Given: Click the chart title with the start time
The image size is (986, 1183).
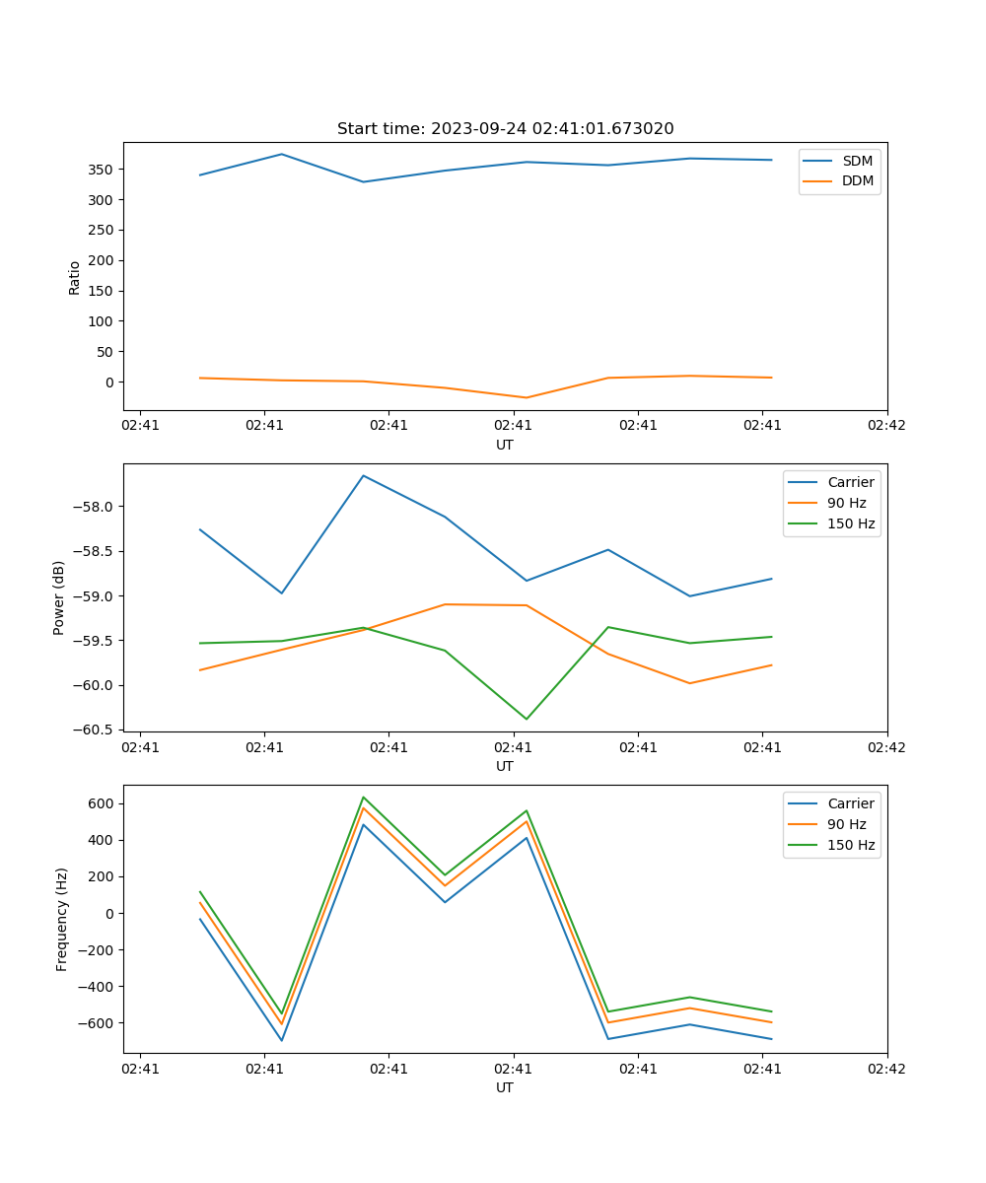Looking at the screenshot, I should click(x=505, y=128).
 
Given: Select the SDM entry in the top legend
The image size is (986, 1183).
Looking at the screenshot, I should click(x=856, y=161).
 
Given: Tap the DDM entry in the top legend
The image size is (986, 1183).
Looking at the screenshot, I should click(x=857, y=180).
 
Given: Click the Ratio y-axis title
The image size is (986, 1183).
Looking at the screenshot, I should click(x=75, y=277).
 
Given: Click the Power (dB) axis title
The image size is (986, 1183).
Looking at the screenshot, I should click(x=59, y=597).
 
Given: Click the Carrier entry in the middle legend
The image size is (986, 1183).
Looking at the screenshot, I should click(x=850, y=482).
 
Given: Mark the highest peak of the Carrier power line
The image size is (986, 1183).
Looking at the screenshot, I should click(x=363, y=476).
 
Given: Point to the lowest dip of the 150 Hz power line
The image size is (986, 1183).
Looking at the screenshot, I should click(x=526, y=719).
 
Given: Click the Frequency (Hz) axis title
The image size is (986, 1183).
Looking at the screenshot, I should click(x=62, y=919).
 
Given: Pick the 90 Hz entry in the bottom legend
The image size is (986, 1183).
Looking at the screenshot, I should click(x=846, y=824).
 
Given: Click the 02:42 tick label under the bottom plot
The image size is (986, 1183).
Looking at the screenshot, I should click(x=886, y=1069).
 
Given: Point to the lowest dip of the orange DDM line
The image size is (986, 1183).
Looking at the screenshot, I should click(x=526, y=397).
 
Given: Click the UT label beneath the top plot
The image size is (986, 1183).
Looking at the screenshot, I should click(x=505, y=445).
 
